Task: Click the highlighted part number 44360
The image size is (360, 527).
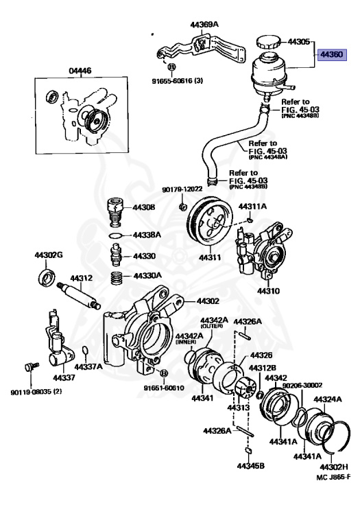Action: click(332, 52)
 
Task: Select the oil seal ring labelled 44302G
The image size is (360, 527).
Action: click(47, 277)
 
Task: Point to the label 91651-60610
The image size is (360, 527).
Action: click(165, 388)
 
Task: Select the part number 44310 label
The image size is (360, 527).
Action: click(269, 291)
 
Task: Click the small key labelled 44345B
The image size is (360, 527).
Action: click(249, 450)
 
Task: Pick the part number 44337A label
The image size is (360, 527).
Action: click(88, 366)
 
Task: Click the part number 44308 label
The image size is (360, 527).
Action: click(143, 207)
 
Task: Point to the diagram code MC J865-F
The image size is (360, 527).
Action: click(333, 476)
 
